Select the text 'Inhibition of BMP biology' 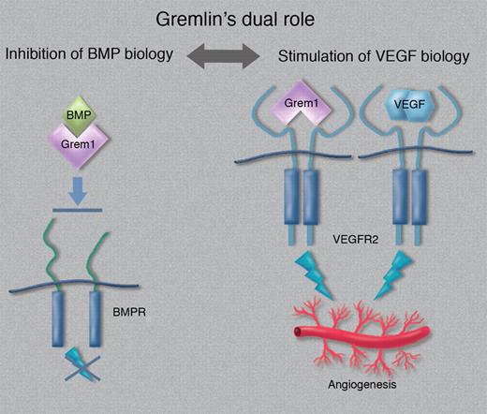[93, 53]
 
